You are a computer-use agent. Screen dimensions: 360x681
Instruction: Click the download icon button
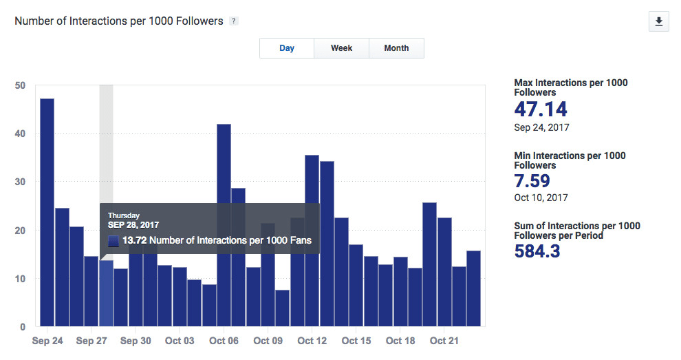(658, 22)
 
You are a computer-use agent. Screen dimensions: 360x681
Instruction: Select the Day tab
(287, 48)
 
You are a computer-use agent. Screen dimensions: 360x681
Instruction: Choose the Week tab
(341, 48)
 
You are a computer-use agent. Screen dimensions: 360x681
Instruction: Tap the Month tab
(396, 48)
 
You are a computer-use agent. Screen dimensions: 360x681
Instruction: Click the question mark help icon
(234, 21)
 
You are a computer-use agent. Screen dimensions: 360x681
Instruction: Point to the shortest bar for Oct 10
(282, 308)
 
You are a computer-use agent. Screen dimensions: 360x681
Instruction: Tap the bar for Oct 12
(312, 240)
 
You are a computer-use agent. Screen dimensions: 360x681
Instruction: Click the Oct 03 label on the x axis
(180, 341)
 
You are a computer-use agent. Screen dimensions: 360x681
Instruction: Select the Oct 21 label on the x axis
(444, 341)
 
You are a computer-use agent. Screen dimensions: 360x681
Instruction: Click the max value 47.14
(541, 109)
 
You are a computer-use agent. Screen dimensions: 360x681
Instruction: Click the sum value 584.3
(537, 251)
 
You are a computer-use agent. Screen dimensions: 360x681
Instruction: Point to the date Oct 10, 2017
(541, 198)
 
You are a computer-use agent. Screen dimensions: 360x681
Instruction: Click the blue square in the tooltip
(113, 241)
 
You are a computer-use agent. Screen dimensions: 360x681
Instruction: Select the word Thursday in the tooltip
(124, 215)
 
